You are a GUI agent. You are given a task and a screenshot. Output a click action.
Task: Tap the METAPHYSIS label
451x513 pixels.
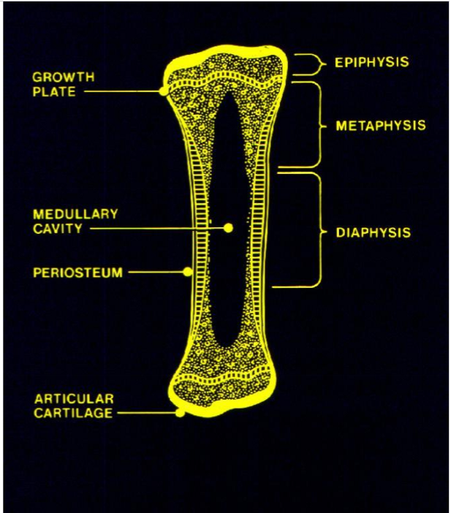(380, 126)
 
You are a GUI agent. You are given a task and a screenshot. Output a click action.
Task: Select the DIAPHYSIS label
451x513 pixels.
(373, 233)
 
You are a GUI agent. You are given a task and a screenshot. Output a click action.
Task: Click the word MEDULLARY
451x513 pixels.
(75, 214)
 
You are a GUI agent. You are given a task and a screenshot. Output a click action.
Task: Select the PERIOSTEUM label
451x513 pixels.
(77, 273)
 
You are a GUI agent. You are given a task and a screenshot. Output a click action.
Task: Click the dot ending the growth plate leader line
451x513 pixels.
(163, 91)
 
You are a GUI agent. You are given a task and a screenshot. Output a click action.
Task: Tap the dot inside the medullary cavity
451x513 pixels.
(228, 228)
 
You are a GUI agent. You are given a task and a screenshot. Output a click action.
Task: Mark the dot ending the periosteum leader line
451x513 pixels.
(187, 272)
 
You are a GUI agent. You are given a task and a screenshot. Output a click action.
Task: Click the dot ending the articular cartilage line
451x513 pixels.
(180, 413)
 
